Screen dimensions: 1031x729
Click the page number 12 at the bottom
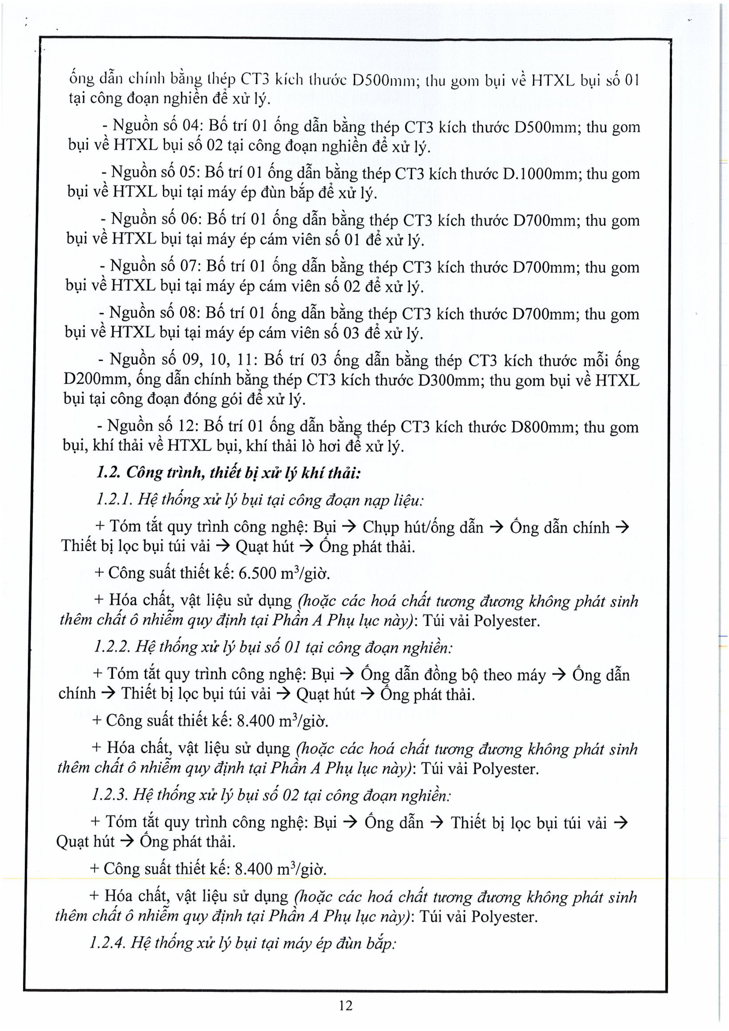point(346,1005)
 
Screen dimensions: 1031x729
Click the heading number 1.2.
point(107,472)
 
